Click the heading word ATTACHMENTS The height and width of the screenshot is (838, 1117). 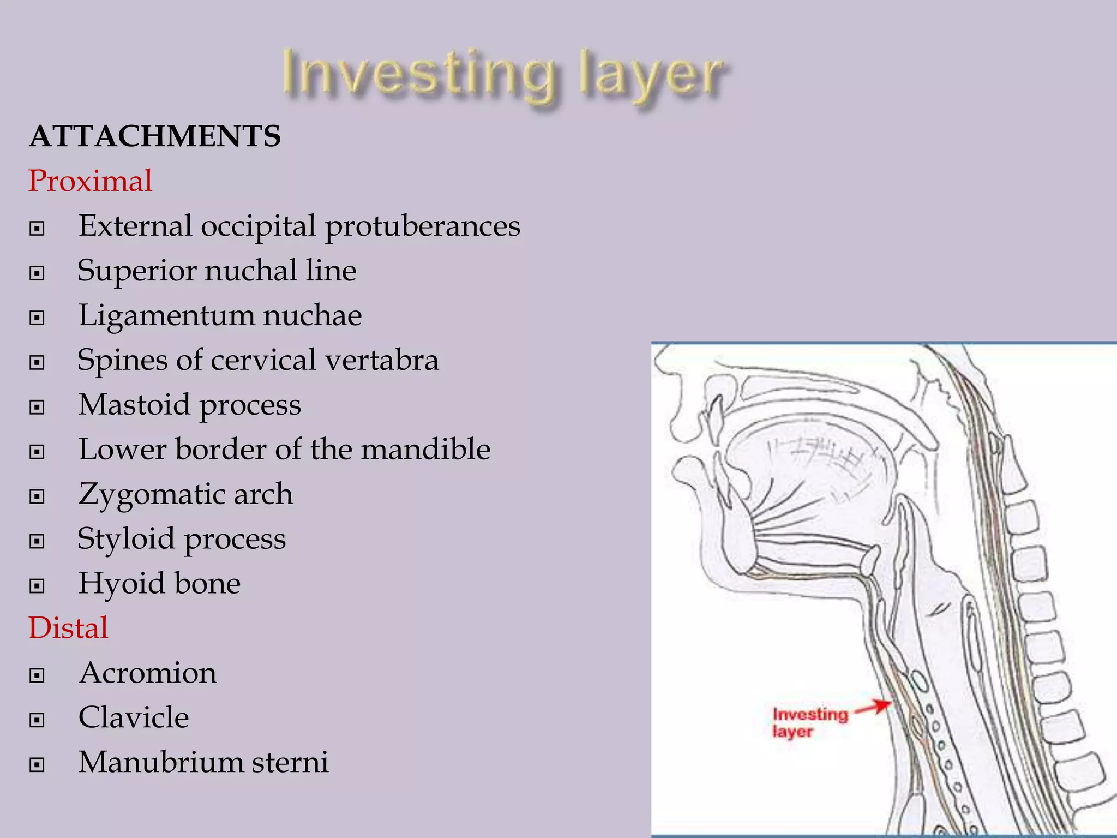[155, 136]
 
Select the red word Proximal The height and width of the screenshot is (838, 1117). [90, 181]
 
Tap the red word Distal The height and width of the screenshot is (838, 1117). [68, 627]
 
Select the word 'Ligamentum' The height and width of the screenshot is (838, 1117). [166, 315]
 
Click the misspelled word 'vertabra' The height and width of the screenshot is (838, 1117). [382, 360]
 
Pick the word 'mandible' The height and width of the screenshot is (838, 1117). [425, 450]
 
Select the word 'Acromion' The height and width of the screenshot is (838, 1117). [148, 673]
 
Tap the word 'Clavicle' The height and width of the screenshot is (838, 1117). [134, 717]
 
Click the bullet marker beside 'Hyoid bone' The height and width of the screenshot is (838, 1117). [37, 586]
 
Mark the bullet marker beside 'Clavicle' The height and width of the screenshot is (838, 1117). [37, 720]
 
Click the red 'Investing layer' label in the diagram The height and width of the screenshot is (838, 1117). [810, 722]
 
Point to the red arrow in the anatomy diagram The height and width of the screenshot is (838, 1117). [872, 707]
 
